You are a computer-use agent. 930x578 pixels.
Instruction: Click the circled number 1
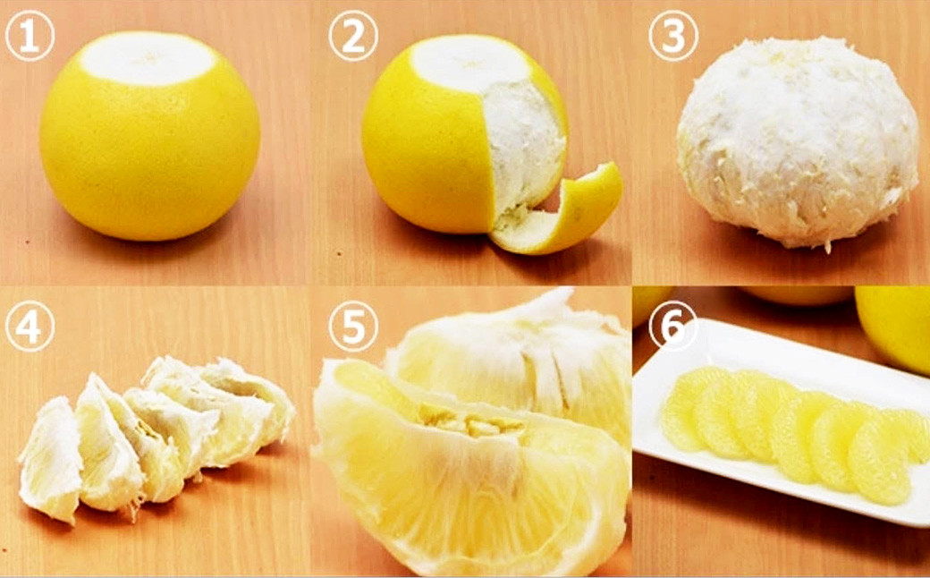click(x=30, y=36)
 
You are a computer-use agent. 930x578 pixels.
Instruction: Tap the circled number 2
click(x=353, y=36)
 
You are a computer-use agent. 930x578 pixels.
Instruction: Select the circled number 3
click(x=673, y=36)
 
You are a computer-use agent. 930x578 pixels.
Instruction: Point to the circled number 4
click(x=30, y=326)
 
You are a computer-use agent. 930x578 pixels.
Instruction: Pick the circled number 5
click(x=353, y=326)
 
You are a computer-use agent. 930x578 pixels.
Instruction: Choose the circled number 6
click(x=673, y=326)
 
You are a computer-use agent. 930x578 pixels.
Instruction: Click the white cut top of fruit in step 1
click(x=148, y=57)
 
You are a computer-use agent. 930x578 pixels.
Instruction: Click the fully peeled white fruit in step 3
click(x=798, y=142)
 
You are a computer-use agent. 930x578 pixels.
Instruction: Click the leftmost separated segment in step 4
click(x=50, y=460)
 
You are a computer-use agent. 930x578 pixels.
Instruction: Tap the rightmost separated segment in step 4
click(x=249, y=404)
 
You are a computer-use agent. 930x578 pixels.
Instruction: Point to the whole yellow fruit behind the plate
click(x=892, y=327)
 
